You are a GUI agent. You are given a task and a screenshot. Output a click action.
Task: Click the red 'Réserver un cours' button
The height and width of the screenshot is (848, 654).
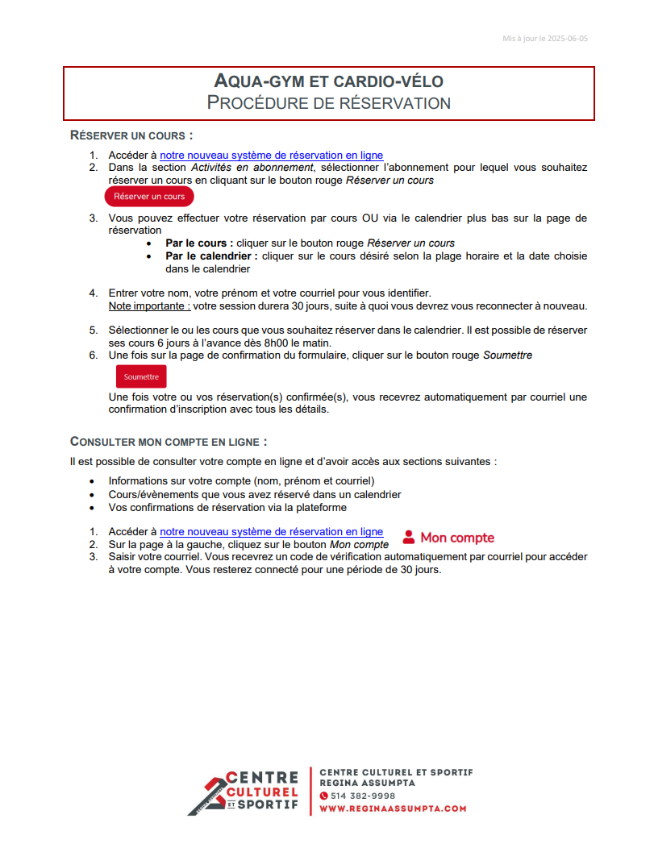149,197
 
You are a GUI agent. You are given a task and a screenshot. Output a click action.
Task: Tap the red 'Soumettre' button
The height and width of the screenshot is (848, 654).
141,376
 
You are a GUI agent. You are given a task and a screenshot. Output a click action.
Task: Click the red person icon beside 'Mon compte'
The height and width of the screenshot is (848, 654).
409,537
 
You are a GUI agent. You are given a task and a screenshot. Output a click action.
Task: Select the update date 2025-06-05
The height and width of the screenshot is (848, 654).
568,38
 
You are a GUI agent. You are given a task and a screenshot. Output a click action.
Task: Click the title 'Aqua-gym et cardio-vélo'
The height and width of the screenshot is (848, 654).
328,81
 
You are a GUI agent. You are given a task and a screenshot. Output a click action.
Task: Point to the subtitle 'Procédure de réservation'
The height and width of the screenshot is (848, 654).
328,103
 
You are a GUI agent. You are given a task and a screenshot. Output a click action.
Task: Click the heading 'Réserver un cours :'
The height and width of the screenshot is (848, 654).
131,135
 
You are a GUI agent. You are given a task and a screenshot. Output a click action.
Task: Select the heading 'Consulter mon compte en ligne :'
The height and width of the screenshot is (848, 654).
169,442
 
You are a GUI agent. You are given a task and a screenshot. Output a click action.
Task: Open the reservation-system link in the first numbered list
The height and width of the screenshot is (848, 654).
271,156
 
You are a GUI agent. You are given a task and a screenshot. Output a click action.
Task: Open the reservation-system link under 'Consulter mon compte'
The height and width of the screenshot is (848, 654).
271,532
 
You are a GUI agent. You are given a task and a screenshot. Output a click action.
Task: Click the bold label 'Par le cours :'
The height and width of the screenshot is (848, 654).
199,243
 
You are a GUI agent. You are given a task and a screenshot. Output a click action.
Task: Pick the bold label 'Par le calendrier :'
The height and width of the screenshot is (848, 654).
211,256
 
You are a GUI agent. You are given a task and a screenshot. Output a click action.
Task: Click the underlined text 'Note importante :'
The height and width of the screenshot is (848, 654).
149,306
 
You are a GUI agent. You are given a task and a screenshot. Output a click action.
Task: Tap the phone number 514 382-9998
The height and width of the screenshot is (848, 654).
362,796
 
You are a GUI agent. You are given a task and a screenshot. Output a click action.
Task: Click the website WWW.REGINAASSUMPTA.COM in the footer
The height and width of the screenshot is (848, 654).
393,809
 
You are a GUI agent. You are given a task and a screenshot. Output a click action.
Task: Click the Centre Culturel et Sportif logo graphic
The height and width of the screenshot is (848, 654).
242,792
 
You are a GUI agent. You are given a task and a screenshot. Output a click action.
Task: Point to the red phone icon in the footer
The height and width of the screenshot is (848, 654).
324,796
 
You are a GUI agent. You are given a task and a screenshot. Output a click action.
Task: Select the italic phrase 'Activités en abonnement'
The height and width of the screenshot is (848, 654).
252,168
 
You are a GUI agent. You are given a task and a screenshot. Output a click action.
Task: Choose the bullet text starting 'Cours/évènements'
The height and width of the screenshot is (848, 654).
255,494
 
